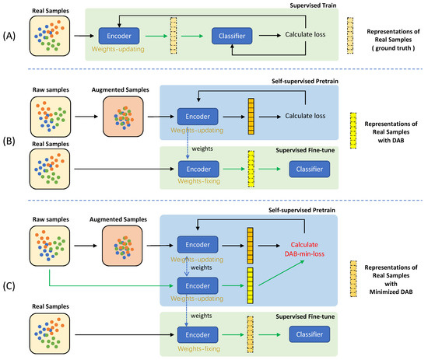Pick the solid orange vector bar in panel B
pos(251,113)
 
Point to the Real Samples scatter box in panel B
pos(49,169)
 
